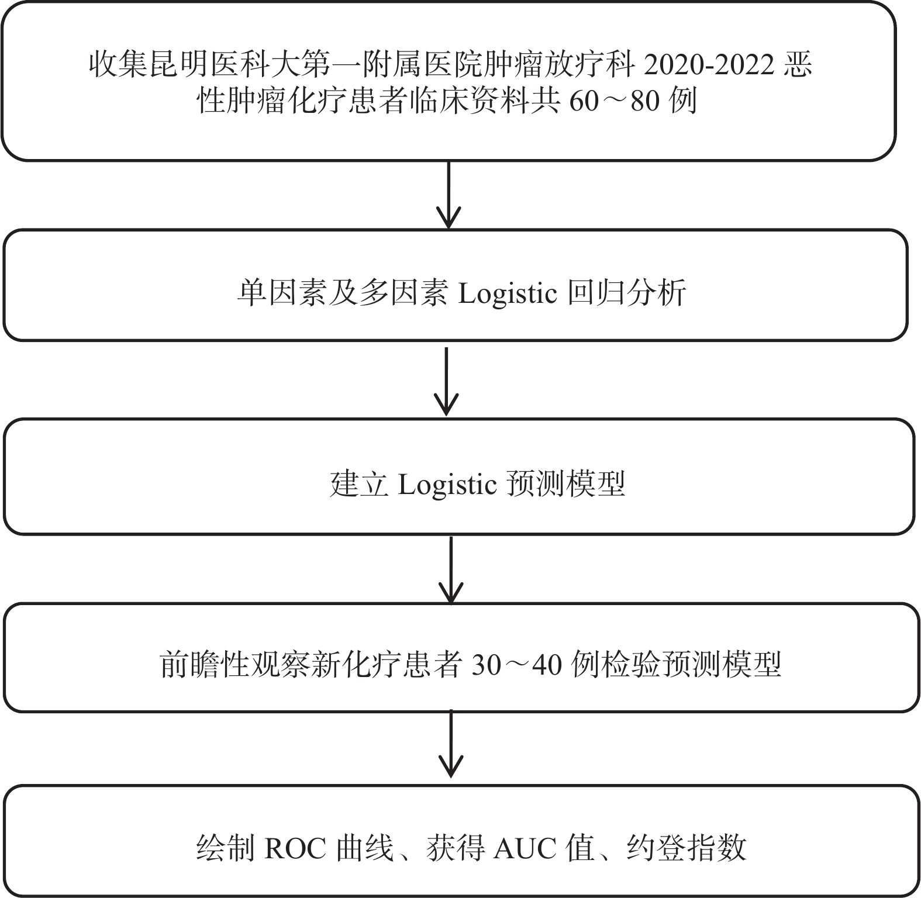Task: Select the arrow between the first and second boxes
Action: click(449, 195)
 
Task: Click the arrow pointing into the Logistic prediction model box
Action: click(447, 381)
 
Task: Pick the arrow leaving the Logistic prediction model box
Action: click(451, 570)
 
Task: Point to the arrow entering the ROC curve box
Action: click(451, 744)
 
